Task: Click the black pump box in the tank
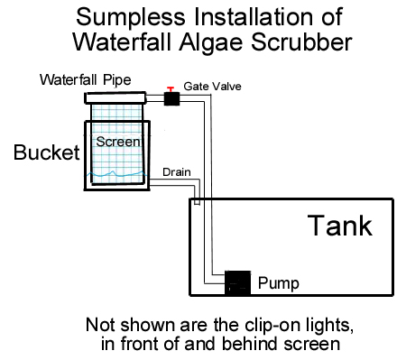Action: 237,282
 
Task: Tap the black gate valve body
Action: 171,98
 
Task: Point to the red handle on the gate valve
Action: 171,89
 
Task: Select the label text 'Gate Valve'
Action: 212,87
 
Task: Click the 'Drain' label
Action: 177,172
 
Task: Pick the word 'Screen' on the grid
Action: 118,142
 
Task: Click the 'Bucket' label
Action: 47,152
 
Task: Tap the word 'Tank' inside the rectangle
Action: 340,226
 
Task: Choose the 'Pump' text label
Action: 279,283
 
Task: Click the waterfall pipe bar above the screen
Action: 115,98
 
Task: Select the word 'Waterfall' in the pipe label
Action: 69,80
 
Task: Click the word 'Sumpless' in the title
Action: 131,18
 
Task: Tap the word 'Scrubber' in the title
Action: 301,42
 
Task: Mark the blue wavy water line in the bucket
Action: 117,174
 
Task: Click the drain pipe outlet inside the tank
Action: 197,202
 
